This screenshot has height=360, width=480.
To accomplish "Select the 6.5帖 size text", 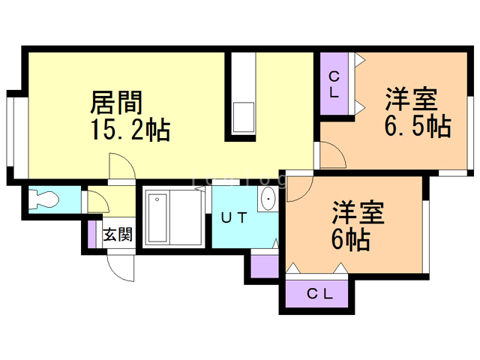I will pyautogui.click(x=418, y=126).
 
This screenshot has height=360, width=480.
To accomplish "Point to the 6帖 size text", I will pyautogui.click(x=349, y=241).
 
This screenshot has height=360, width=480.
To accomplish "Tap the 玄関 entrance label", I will pyautogui.click(x=118, y=233).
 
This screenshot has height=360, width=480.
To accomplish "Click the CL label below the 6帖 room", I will pyautogui.click(x=319, y=294).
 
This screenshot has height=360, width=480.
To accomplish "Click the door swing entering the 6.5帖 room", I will pyautogui.click(x=332, y=154).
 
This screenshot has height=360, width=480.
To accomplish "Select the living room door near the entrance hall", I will pyautogui.click(x=120, y=166).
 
